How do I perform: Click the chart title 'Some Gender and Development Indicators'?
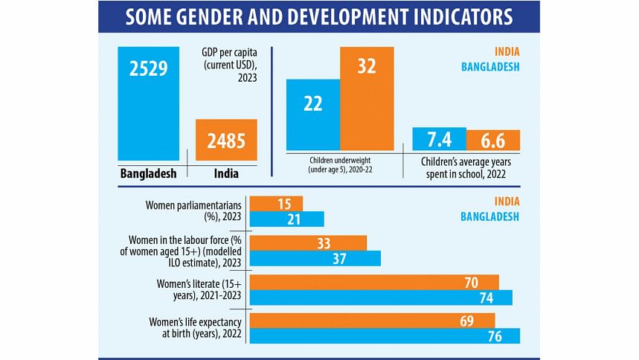(319, 16)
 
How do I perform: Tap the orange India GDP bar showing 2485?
(227, 139)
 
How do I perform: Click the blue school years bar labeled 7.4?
(439, 140)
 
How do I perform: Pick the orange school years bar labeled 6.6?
(492, 140)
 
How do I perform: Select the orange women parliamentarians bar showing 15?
(276, 204)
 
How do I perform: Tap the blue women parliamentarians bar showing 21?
(286, 219)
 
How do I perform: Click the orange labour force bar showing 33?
(308, 242)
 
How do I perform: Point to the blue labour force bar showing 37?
(315, 258)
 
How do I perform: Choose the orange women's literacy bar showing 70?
(374, 282)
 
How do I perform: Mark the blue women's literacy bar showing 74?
(381, 298)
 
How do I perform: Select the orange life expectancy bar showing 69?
(372, 321)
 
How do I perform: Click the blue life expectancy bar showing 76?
(385, 336)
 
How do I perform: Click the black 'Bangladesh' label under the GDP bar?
(148, 174)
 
